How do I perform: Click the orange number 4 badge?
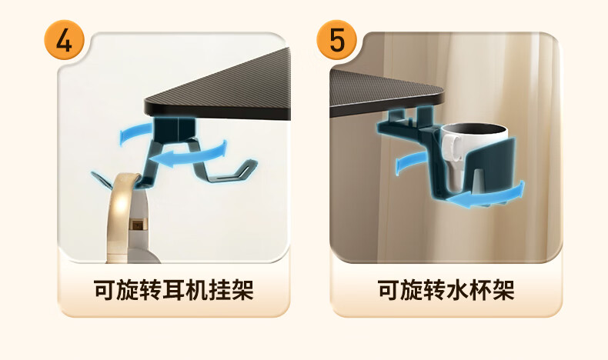pos(65,40)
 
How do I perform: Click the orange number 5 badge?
pos(336,40)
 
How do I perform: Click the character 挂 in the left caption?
pos(219,289)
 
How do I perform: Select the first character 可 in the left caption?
pos(105,289)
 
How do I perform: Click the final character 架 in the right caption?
pos(503,289)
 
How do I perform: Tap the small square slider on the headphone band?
pos(137,225)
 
